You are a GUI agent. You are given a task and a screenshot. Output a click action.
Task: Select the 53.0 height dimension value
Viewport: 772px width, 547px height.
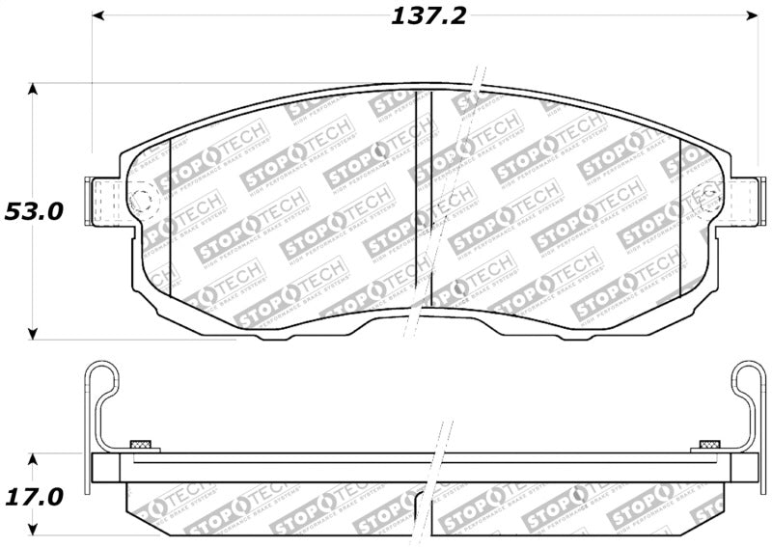tap(33, 211)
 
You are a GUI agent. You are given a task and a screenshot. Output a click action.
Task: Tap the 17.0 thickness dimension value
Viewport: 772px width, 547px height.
tap(33, 497)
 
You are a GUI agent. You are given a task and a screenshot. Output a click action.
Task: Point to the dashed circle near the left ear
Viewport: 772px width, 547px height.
tap(141, 201)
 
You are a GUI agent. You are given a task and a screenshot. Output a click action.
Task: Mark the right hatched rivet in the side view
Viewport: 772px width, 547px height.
tap(709, 444)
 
